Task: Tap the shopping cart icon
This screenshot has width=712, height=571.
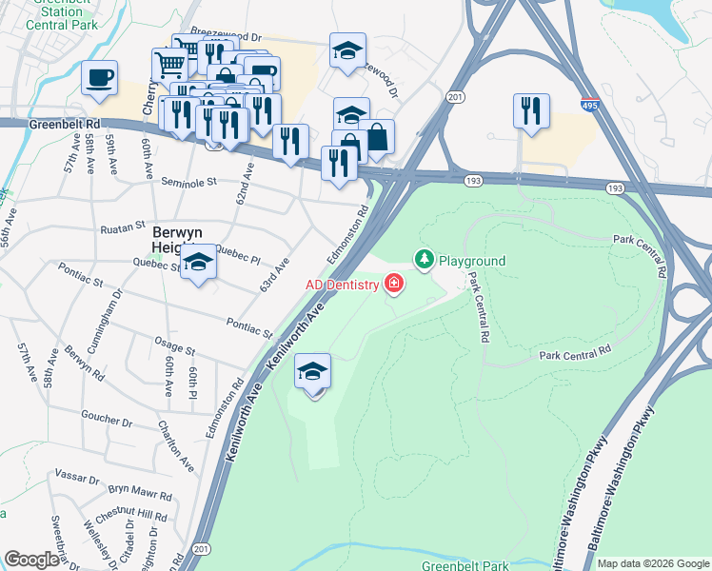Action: pyautogui.click(x=169, y=65)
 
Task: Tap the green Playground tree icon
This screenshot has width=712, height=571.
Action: pyautogui.click(x=424, y=260)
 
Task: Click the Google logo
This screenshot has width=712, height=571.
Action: pyautogui.click(x=31, y=559)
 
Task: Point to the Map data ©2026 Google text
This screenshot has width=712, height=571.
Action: pyautogui.click(x=653, y=563)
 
